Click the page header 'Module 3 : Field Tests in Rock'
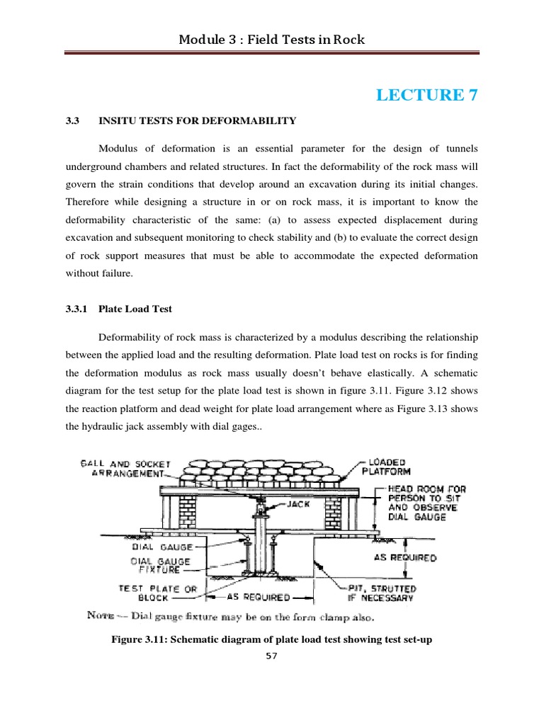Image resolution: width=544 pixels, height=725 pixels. tap(272, 40)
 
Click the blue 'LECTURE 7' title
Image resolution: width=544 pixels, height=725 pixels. tap(427, 95)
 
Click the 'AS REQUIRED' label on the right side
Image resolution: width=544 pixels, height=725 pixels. tap(404, 558)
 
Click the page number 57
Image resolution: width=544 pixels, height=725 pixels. tap(271, 656)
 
